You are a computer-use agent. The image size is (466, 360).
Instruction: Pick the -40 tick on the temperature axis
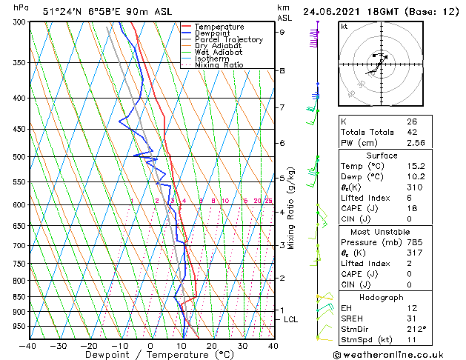click(28, 345)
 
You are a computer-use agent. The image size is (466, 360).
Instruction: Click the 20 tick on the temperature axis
click(211, 345)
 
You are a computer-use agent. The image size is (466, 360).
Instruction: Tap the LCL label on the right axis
click(291, 319)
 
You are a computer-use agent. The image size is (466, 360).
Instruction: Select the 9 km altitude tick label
click(282, 33)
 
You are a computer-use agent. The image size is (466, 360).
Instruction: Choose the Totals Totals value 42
click(412, 132)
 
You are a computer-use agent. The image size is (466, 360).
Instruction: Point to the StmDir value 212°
click(416, 328)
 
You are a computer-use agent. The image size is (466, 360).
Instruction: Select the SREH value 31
click(412, 317)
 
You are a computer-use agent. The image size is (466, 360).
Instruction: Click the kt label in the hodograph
click(344, 26)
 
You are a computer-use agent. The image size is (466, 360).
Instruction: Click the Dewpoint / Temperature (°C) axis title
click(150, 356)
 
